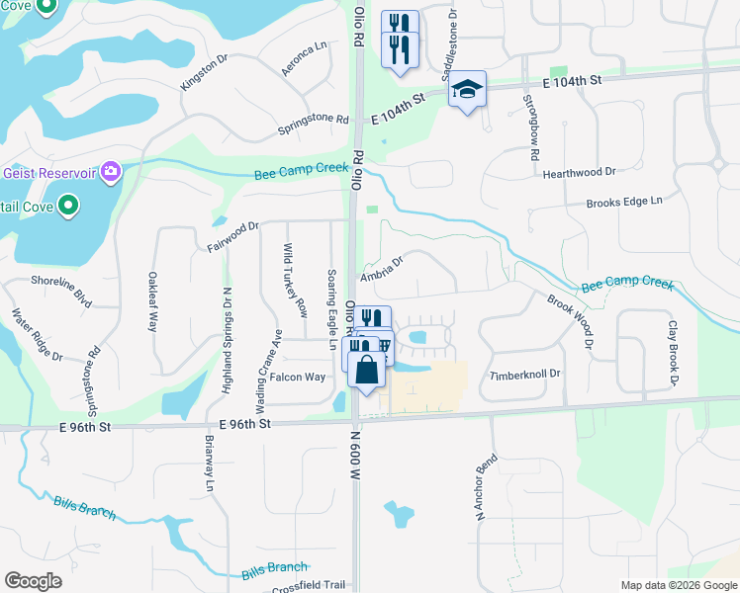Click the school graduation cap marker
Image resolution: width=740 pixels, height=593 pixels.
[467, 91]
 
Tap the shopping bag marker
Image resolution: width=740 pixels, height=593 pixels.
[366, 372]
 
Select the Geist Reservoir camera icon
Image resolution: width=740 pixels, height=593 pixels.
[110, 173]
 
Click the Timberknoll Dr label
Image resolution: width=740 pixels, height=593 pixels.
[525, 376]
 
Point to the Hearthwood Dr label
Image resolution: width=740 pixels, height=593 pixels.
[580, 174]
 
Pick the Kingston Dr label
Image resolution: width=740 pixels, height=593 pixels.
[204, 72]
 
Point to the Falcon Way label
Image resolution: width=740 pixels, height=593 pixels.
[298, 377]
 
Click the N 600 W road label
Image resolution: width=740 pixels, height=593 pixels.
[353, 454]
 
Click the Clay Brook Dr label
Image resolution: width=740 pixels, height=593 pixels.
[673, 354]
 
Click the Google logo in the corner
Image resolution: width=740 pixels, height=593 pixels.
[33, 581]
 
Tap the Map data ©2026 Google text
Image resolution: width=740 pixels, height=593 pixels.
[678, 585]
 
